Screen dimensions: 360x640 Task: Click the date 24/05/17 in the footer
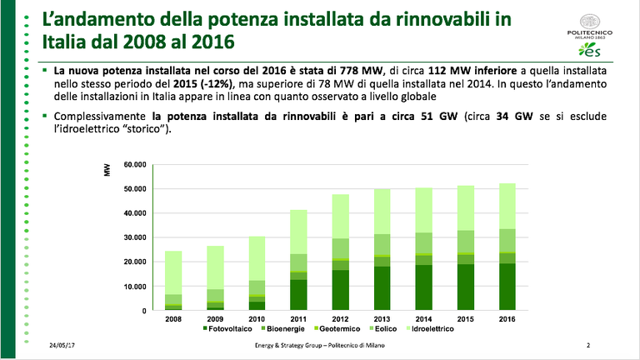point(62,345)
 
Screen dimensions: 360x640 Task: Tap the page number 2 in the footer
point(588,345)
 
